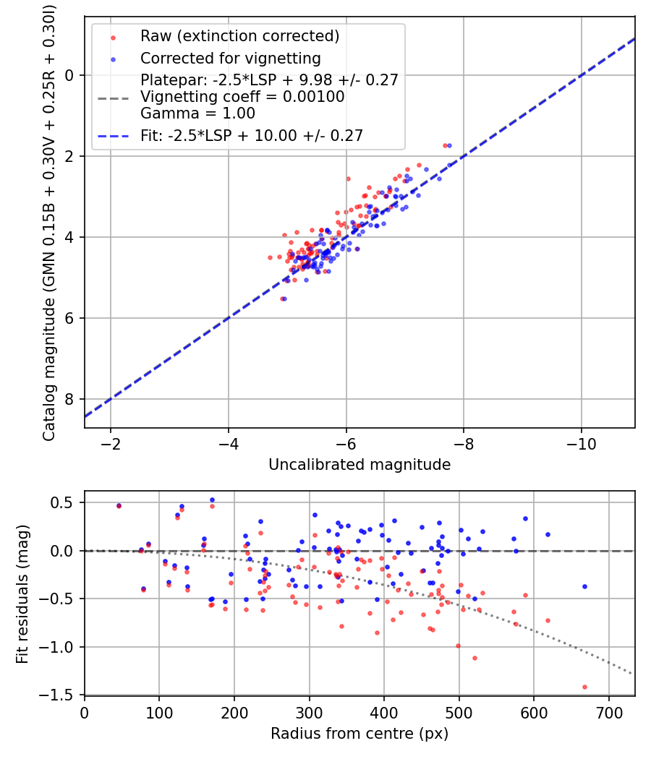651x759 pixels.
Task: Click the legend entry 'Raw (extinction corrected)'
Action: point(239,36)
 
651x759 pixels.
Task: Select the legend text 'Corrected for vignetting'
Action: point(230,58)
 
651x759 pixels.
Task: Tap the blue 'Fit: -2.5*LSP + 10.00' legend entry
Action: point(251,135)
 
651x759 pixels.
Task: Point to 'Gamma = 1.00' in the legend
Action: point(197,113)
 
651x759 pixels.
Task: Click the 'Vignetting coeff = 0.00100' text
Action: point(242,96)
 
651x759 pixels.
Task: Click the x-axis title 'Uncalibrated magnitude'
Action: point(359,465)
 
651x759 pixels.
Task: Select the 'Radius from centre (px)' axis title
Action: point(359,734)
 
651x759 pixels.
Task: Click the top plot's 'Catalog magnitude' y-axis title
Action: point(49,222)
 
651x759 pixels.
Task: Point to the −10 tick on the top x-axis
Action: point(582,443)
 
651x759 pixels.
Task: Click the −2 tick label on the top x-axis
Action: point(111,443)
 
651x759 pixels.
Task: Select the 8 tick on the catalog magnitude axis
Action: point(70,399)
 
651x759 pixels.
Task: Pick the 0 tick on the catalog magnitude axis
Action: point(70,75)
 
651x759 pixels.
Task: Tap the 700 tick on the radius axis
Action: point(608,712)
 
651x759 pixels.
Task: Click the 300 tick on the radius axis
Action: point(309,712)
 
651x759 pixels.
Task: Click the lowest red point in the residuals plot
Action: point(584,687)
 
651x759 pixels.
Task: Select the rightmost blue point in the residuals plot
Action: point(584,586)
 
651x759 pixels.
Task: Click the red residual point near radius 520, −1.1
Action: point(475,658)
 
